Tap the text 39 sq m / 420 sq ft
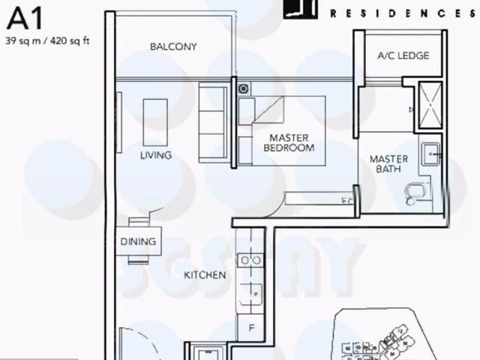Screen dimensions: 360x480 coord(47,40)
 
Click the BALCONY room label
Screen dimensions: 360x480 coord(173,46)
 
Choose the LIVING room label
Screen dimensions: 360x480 coord(156,155)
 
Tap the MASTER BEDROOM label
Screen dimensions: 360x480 coord(289,142)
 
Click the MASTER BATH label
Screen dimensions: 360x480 coord(389,163)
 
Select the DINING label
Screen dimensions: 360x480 coord(138,241)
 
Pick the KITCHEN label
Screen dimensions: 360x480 coord(205,275)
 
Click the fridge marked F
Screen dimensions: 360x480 coord(251,328)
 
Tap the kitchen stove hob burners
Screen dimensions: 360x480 coord(250,260)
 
